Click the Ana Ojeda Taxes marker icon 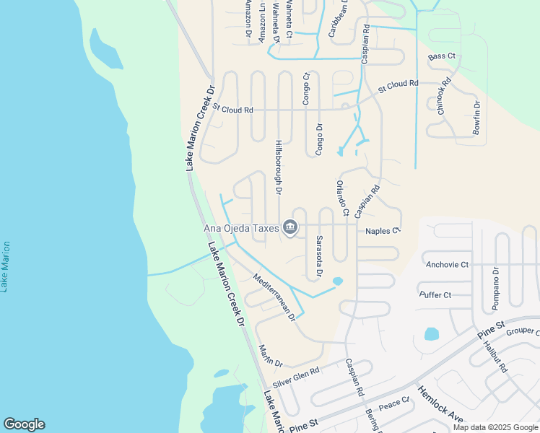click(x=289, y=228)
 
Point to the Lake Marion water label click(x=6, y=266)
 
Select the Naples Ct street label click(x=383, y=230)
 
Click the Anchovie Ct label click(x=447, y=264)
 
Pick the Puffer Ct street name click(x=435, y=294)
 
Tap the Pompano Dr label click(x=496, y=289)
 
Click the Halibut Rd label click(x=497, y=359)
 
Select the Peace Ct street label click(x=394, y=404)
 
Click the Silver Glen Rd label click(x=296, y=376)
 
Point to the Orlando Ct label click(x=341, y=198)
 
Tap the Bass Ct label click(x=442, y=56)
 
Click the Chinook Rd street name click(x=444, y=96)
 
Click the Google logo click(x=24, y=424)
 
